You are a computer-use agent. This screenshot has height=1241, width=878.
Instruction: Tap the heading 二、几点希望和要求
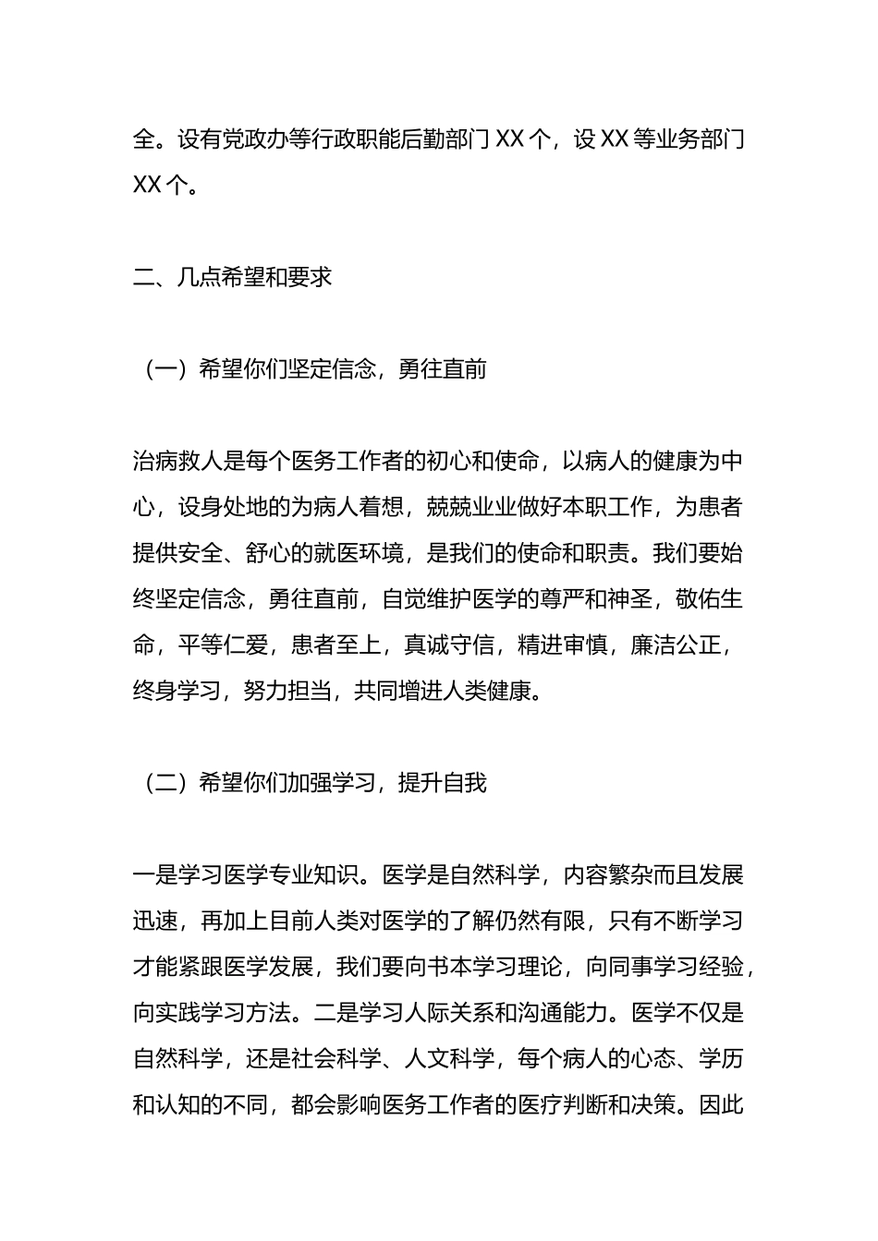click(232, 277)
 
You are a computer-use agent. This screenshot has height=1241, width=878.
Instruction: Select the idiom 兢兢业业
click(471, 507)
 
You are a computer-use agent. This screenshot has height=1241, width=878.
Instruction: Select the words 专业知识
click(313, 875)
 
